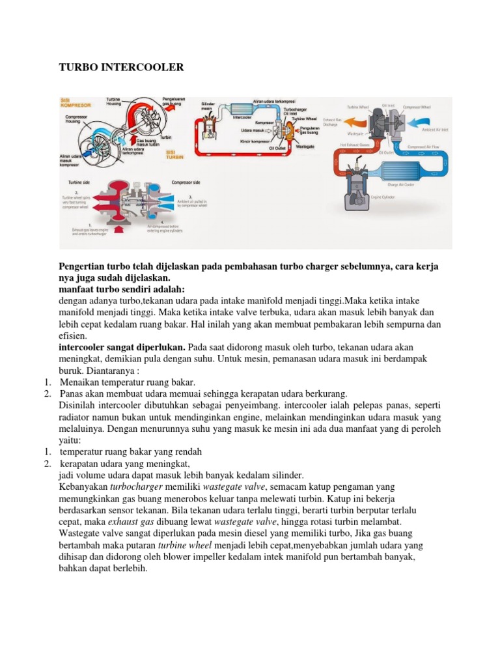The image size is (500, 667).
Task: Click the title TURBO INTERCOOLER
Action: [122, 68]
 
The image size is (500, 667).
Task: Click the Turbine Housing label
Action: [115, 102]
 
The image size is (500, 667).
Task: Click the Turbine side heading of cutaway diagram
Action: [76, 183]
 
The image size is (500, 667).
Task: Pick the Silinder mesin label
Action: [208, 106]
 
